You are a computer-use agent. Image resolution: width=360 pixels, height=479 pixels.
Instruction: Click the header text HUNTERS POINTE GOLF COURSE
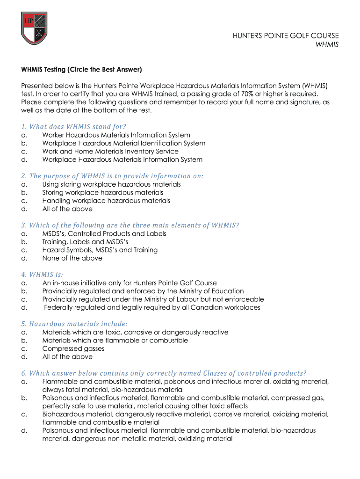point(286,36)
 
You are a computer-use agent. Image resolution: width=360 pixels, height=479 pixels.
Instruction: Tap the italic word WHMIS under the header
point(328,44)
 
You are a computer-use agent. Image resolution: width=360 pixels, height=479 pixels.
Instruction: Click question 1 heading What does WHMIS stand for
point(74,127)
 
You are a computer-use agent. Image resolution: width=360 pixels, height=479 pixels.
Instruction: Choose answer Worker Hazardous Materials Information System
point(116,135)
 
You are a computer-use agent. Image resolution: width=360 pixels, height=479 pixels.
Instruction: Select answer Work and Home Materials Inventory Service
point(110,152)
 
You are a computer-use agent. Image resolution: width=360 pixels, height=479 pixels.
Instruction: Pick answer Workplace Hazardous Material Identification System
point(124,143)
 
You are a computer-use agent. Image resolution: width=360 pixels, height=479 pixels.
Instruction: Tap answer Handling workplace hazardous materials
point(106,201)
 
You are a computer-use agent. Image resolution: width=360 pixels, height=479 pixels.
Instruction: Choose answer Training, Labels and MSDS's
point(85,242)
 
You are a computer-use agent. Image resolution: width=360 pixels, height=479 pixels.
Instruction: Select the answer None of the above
point(72,258)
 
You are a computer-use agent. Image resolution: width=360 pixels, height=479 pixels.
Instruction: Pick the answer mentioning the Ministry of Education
point(143,291)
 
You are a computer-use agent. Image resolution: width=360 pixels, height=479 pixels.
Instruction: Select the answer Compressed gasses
point(73,348)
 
